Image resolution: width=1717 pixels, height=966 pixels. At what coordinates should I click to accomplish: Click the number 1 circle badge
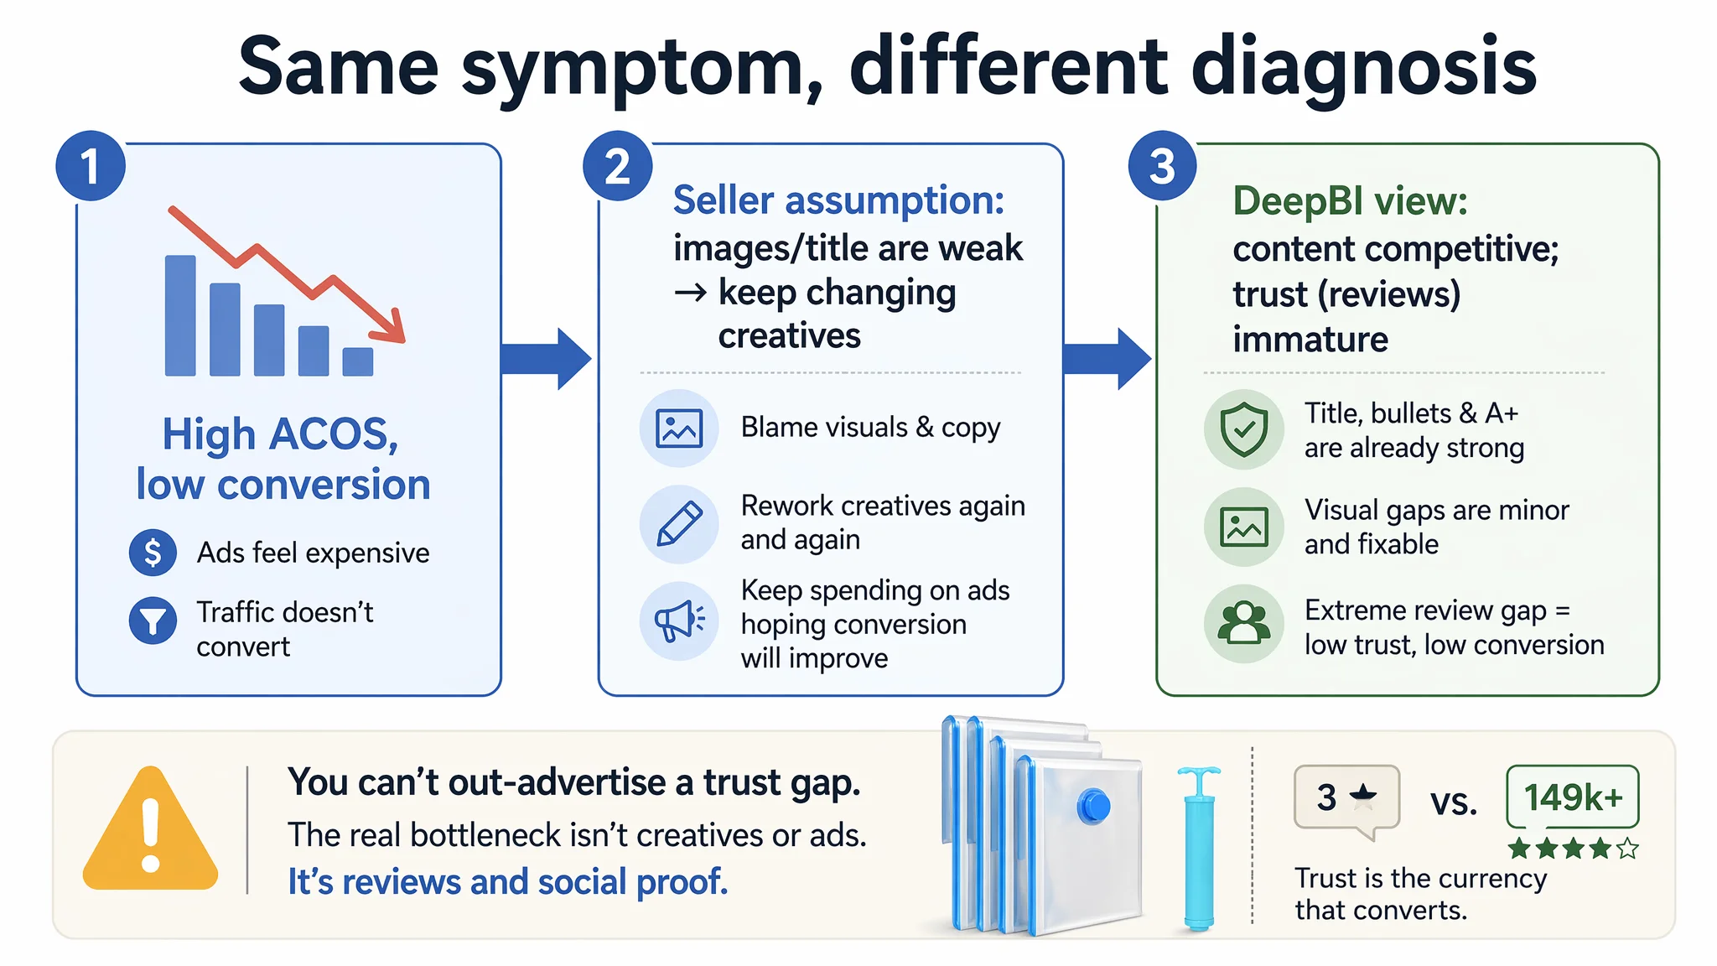(x=91, y=166)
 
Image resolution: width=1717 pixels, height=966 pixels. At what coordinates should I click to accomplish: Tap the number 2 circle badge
(x=618, y=166)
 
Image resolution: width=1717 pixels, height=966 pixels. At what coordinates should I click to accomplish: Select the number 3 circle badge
(x=1163, y=166)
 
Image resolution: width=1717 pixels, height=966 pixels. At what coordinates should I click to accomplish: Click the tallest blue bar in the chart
(x=180, y=315)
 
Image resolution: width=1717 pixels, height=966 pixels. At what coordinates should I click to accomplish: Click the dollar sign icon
(x=153, y=553)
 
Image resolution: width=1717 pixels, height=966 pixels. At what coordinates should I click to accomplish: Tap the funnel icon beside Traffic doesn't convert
(x=153, y=621)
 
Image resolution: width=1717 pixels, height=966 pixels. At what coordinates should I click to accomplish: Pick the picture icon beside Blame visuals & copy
(x=679, y=428)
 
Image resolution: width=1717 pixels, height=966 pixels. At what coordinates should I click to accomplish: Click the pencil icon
(x=679, y=524)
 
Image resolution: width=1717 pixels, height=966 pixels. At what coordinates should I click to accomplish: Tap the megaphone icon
(x=679, y=621)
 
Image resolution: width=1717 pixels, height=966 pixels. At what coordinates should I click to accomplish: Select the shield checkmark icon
(x=1244, y=428)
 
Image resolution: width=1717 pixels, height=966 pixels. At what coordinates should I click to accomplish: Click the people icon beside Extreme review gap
(x=1244, y=623)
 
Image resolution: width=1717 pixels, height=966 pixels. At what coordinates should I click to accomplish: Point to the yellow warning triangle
(x=151, y=828)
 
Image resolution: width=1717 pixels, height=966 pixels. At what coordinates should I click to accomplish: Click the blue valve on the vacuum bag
(x=1093, y=807)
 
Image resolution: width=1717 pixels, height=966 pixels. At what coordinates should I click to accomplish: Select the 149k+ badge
(x=1573, y=797)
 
